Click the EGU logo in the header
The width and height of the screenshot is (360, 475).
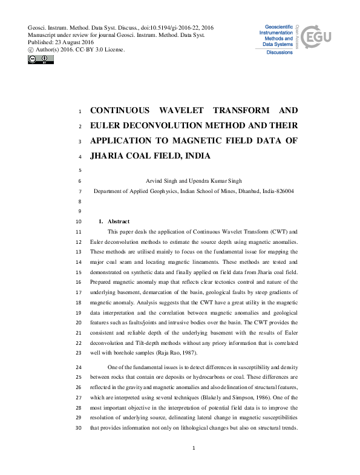(318, 37)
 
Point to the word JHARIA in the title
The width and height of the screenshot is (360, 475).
(110, 155)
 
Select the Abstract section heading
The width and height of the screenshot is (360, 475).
(119, 221)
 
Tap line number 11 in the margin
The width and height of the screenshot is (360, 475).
(78, 232)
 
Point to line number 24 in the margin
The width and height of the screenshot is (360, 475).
(78, 368)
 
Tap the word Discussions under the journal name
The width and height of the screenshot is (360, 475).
(280, 52)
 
